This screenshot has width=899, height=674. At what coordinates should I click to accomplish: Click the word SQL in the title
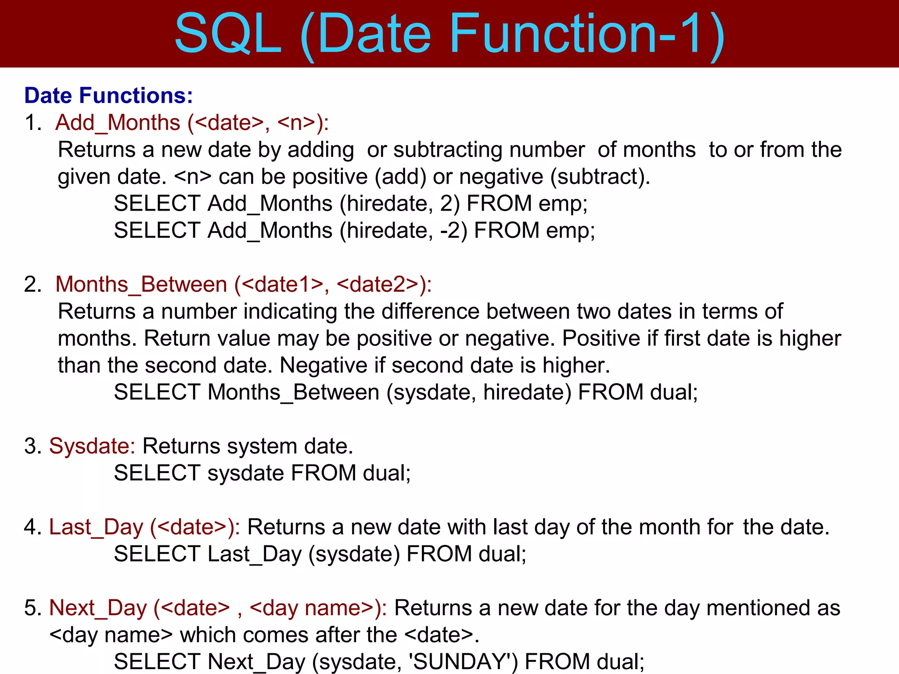pos(227,34)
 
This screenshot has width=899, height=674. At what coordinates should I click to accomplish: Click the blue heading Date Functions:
pos(108,96)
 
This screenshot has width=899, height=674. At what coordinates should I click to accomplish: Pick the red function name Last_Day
pos(96,527)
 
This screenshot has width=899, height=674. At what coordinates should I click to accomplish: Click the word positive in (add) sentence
pos(330,177)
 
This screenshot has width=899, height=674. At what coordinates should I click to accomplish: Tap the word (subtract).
pos(600,177)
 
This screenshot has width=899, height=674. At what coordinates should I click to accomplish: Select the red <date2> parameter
pos(378,284)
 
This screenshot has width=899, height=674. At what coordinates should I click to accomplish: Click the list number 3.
pos(31,446)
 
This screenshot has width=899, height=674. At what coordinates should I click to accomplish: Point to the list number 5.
pos(31,608)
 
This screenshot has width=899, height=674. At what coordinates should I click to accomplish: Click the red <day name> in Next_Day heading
pos(312,608)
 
